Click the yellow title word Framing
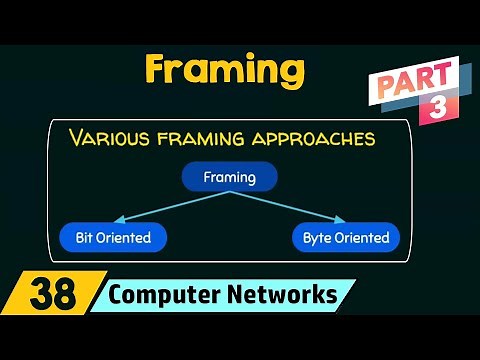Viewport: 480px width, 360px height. point(224,69)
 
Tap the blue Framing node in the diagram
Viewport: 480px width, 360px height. point(229,177)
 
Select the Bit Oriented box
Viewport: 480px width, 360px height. point(113,238)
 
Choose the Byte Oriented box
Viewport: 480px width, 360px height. point(346,238)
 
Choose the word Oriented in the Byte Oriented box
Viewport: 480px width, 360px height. point(361,238)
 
